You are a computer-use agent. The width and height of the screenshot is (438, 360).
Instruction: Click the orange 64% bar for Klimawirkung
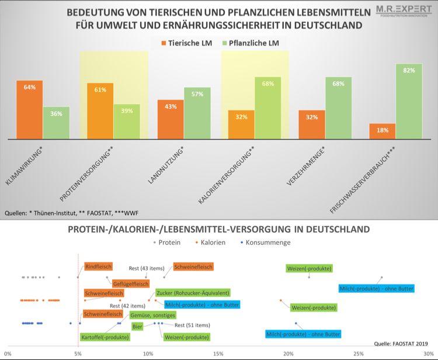[30, 110]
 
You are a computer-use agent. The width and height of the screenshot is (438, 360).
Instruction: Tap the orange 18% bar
[383, 131]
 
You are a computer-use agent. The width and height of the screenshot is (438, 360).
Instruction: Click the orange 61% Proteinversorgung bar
[100, 111]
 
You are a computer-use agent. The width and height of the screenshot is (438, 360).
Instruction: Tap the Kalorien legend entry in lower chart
[210, 242]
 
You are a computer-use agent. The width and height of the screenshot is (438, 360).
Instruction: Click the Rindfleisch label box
[98, 266]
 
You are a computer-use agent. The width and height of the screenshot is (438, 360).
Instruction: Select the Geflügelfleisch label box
[131, 283]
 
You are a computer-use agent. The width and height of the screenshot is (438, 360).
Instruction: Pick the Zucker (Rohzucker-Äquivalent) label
[192, 292]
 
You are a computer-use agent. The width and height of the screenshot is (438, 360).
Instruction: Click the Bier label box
[138, 326]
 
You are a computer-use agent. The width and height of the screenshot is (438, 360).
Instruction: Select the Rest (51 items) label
[192, 326]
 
